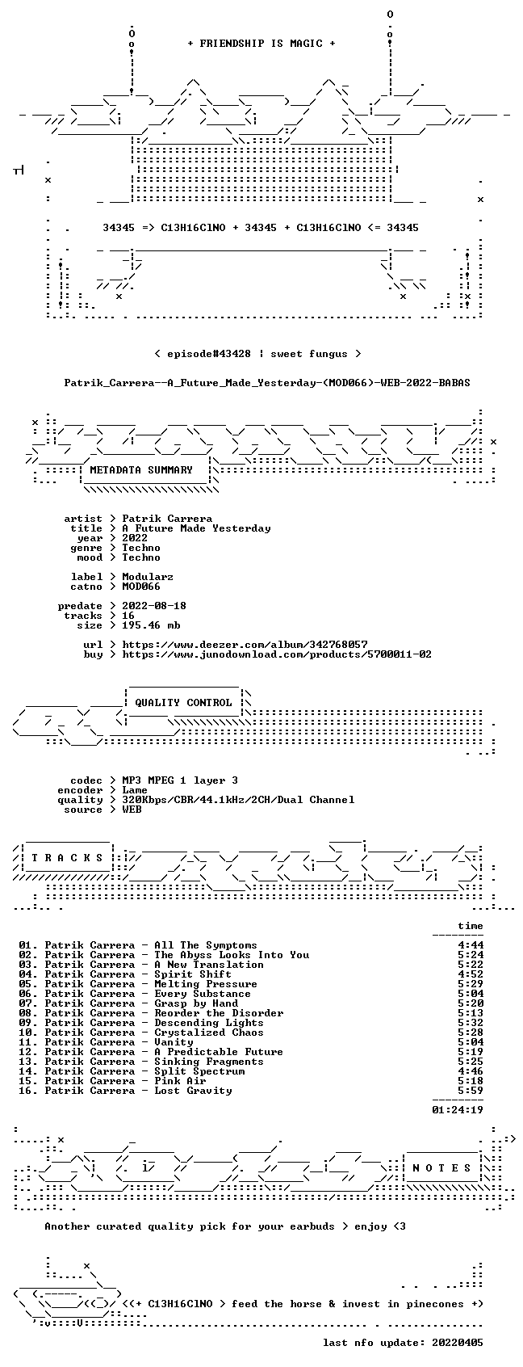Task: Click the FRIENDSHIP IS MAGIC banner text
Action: coord(261,44)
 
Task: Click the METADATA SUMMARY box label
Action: coord(140,470)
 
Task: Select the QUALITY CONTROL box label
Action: coord(183,702)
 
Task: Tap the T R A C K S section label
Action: coord(67,857)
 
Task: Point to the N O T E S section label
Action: coord(442,1167)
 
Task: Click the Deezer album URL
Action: coord(245,645)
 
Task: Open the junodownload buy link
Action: coord(277,654)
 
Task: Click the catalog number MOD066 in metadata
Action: coord(140,587)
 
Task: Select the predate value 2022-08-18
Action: coord(154,606)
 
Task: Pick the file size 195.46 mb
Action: coord(151,625)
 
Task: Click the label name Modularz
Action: coord(148,577)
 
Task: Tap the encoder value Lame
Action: coord(135,789)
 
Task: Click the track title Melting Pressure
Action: coord(206,984)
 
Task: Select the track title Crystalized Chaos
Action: coord(208,1032)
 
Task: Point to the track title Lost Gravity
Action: coord(193,1090)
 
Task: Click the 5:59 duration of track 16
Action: coord(471,1090)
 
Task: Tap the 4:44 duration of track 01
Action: coord(471,944)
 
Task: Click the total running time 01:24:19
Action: coord(458,1109)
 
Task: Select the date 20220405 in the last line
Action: coord(458,1342)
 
